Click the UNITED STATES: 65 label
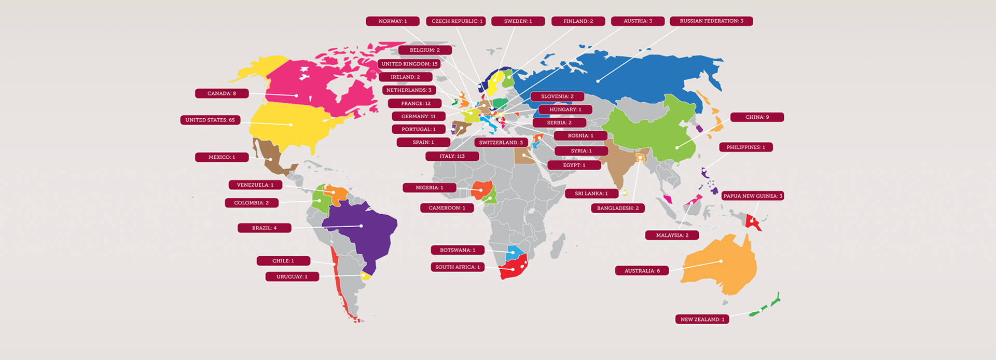210,120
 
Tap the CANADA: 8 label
222,93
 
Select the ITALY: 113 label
452,156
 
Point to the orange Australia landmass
718,265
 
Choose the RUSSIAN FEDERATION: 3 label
711,21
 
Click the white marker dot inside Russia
598,81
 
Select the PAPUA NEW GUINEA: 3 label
752,196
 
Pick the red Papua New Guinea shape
752,222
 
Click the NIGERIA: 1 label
429,188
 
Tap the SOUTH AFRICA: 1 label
457,267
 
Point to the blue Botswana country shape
515,253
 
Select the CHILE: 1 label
283,261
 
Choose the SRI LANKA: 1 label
591,193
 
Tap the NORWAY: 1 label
392,21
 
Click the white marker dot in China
677,148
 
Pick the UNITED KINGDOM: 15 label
409,64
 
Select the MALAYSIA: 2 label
672,236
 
